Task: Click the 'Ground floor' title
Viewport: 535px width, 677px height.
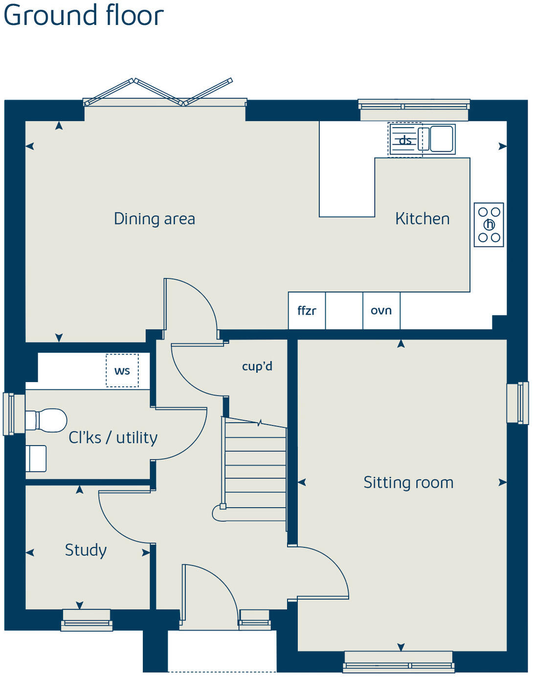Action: click(83, 16)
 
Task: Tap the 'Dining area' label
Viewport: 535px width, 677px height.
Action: click(154, 219)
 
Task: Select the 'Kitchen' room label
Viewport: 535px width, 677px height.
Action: click(422, 219)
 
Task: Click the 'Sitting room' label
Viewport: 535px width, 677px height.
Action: click(408, 482)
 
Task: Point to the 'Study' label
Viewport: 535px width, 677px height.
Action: click(86, 550)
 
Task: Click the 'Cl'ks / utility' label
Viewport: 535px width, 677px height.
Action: click(113, 437)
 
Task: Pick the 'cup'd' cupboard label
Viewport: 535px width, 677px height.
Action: click(257, 366)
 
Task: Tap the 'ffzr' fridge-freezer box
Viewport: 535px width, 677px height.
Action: click(307, 311)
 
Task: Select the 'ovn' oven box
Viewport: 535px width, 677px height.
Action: click(381, 311)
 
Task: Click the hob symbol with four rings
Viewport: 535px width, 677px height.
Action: click(489, 225)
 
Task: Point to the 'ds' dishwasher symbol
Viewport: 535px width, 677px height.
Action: click(404, 140)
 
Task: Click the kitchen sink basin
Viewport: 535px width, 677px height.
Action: click(442, 139)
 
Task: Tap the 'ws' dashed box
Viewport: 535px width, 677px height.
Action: click(122, 371)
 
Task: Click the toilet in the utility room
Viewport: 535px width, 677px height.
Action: click(46, 421)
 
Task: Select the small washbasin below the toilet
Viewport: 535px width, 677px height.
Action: click(36, 458)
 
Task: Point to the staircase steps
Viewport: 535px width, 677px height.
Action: click(255, 470)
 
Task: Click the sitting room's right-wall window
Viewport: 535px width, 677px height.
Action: click(517, 403)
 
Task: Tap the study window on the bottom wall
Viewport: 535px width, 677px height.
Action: click(87, 619)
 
